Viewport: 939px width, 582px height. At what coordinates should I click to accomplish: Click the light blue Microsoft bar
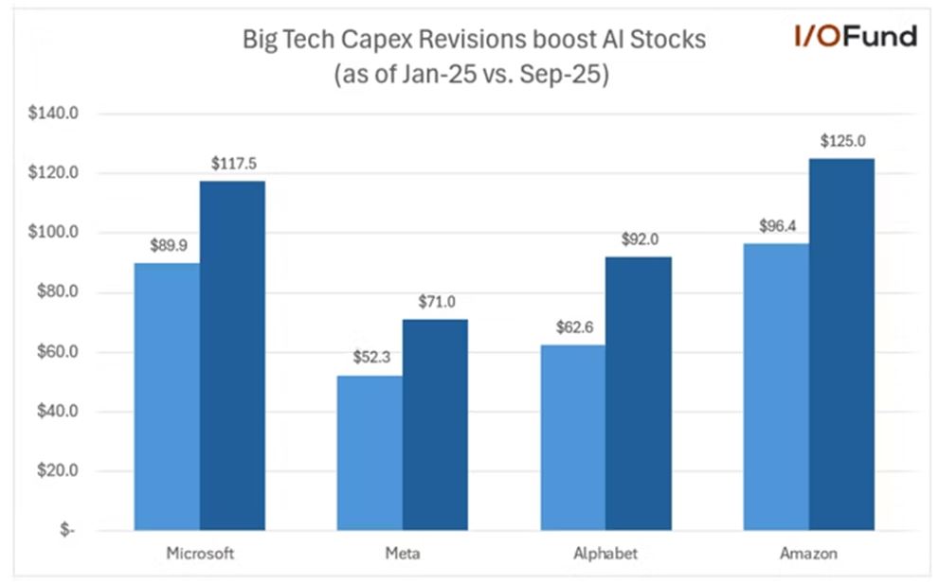tap(167, 397)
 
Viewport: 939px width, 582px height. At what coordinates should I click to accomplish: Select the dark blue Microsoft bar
tap(232, 355)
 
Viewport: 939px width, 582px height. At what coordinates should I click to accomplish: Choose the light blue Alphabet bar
tap(572, 437)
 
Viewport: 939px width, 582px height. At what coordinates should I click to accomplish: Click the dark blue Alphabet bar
tap(638, 393)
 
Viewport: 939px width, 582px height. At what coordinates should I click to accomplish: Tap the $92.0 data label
tap(639, 239)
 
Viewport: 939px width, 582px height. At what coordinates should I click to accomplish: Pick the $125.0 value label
tap(841, 141)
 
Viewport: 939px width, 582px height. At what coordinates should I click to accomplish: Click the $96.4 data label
tap(777, 226)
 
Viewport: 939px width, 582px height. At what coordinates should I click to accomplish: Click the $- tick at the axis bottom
tap(67, 531)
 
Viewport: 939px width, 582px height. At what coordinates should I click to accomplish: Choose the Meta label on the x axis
tap(403, 555)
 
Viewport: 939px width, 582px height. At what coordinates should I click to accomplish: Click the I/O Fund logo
tap(855, 37)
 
